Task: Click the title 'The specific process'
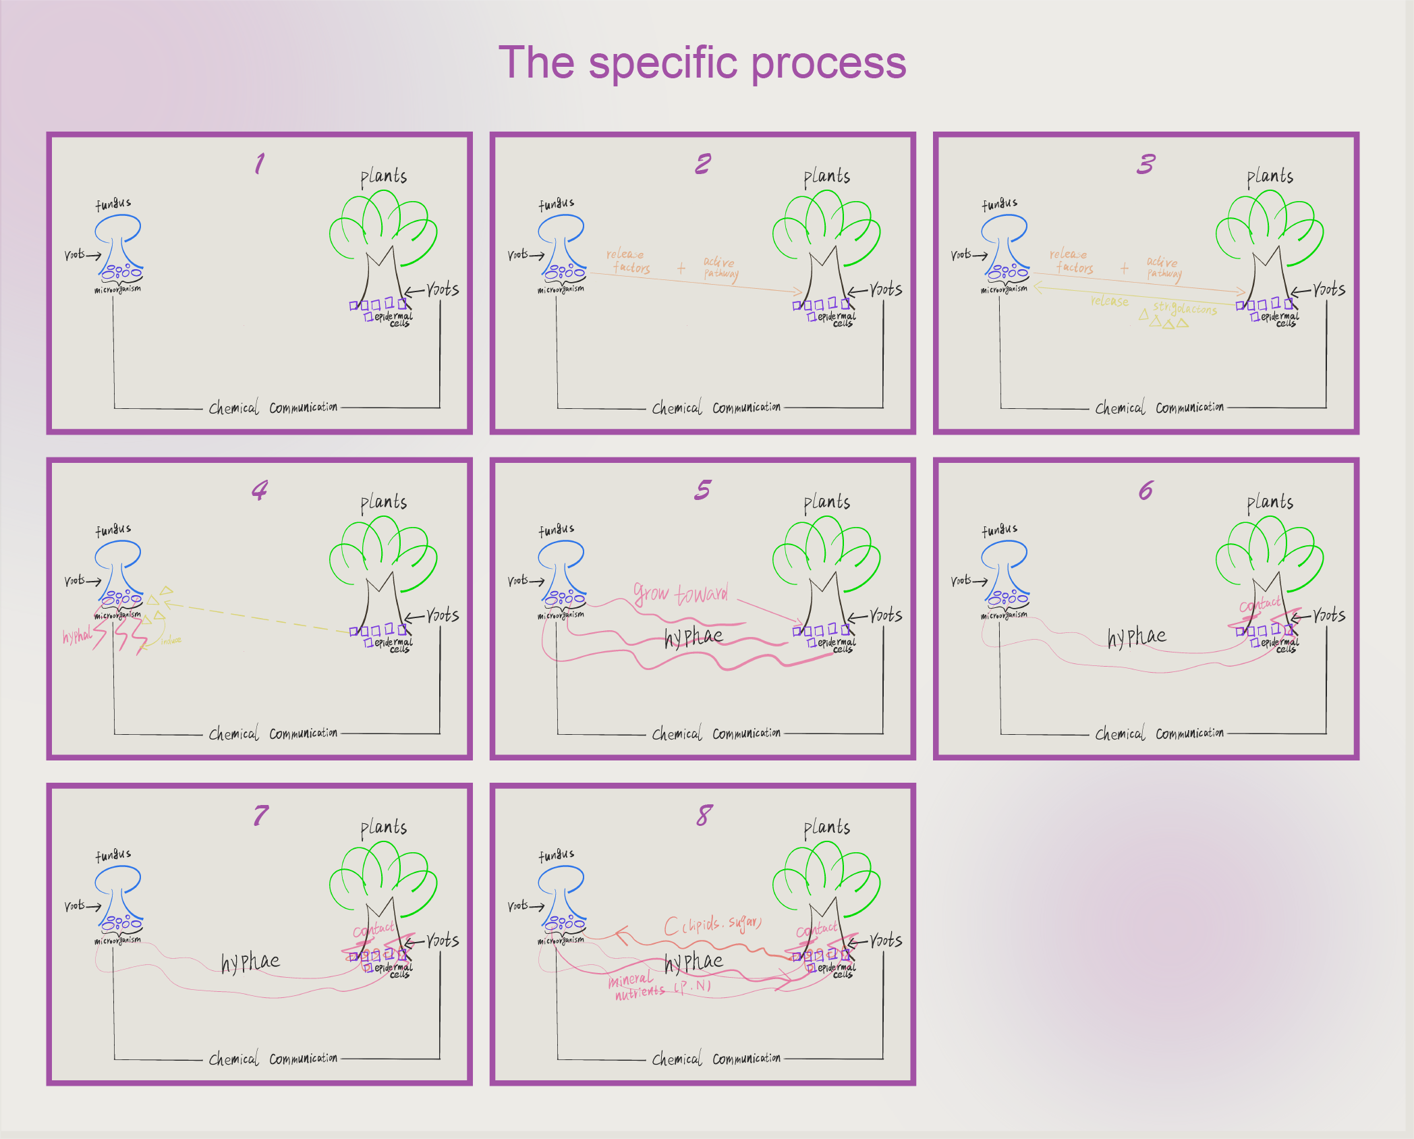pyautogui.click(x=702, y=63)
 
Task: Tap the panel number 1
pyautogui.click(x=260, y=163)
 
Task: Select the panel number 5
pyautogui.click(x=703, y=490)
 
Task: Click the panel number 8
pyautogui.click(x=704, y=815)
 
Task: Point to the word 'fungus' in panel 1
pyautogui.click(x=113, y=204)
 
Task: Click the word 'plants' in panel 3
pyautogui.click(x=1270, y=177)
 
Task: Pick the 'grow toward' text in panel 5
pyautogui.click(x=681, y=594)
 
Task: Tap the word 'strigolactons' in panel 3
pyautogui.click(x=1185, y=308)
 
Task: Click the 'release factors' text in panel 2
pyautogui.click(x=628, y=261)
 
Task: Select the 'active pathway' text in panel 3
pyautogui.click(x=1164, y=267)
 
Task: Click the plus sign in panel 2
pyautogui.click(x=681, y=269)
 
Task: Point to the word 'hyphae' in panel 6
pyautogui.click(x=1137, y=636)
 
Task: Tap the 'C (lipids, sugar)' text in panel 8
pyautogui.click(x=712, y=924)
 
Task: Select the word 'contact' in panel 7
pyautogui.click(x=373, y=930)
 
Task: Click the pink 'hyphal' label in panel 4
pyautogui.click(x=77, y=636)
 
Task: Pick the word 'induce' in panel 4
pyautogui.click(x=171, y=640)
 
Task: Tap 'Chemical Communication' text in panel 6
pyautogui.click(x=1159, y=733)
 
